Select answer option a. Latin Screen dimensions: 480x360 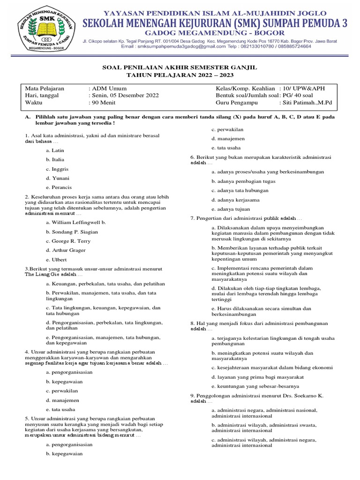coord(55,150)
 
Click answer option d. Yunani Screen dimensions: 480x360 coord(58,178)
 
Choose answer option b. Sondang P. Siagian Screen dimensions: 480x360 coord(72,232)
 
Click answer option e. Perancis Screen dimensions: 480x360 coord(59,187)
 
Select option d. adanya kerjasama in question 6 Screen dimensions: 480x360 coord(235,200)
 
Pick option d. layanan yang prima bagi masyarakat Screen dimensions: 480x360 coord(257,377)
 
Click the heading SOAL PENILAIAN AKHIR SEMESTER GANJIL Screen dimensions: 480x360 coord(180,67)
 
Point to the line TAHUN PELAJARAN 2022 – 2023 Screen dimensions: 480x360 coord(180,75)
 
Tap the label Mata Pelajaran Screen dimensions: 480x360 coord(45,88)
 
